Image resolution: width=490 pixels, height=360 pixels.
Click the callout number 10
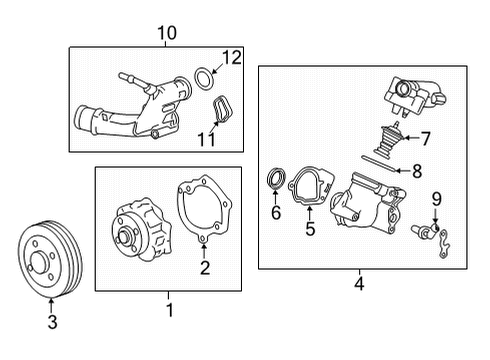(166, 33)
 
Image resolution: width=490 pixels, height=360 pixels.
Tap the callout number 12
(232, 58)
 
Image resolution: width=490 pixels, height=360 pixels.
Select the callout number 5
(310, 228)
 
